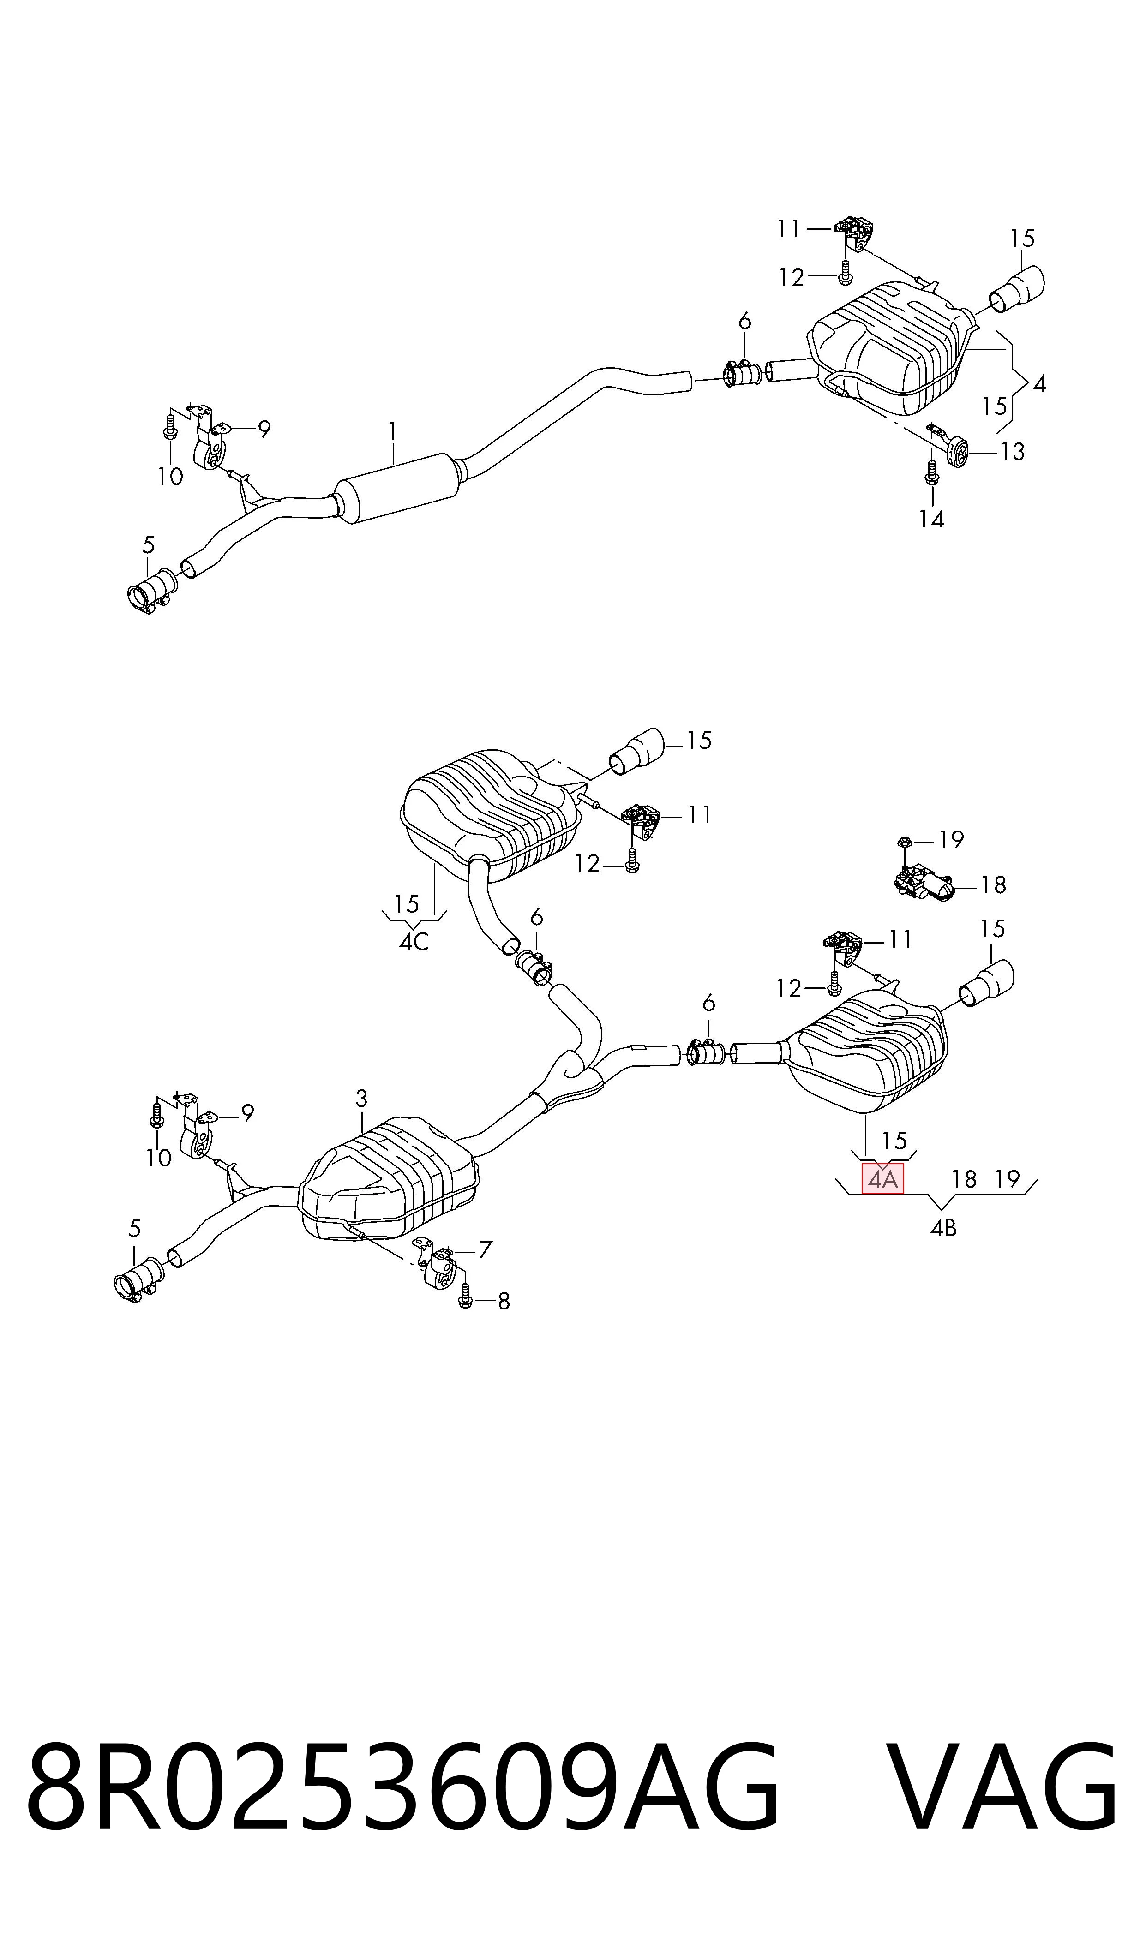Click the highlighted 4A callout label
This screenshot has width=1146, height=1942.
pyautogui.click(x=882, y=1179)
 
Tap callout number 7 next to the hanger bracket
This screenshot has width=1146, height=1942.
pyautogui.click(x=485, y=1249)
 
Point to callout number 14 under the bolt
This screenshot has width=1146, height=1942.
pyautogui.click(x=931, y=520)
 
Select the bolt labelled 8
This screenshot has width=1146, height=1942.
pyautogui.click(x=465, y=1295)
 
